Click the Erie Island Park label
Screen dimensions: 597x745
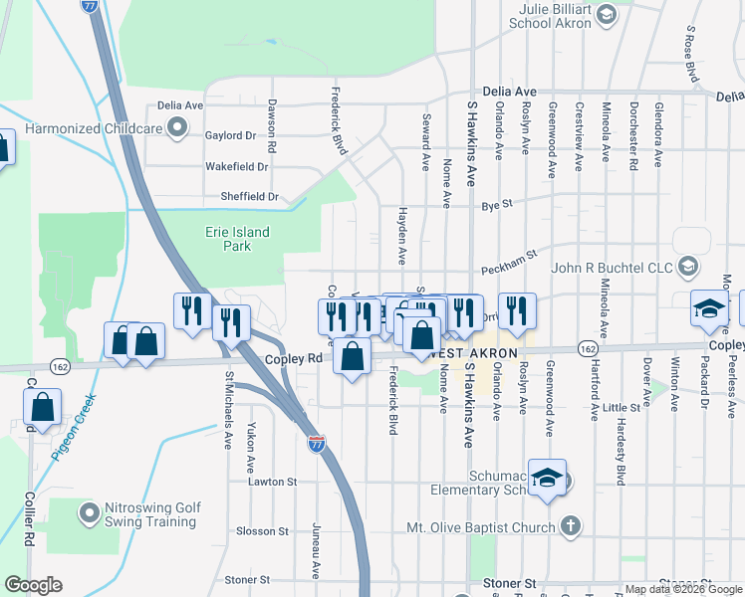pos(231,239)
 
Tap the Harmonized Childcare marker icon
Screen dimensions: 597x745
pos(178,127)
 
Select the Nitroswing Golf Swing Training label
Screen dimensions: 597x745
pos(152,514)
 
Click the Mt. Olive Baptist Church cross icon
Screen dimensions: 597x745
pos(570,526)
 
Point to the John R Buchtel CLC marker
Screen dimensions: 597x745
pos(687,266)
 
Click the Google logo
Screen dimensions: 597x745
pos(33,585)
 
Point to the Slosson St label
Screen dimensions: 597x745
pos(262,531)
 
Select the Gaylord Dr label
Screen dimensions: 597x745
pos(230,135)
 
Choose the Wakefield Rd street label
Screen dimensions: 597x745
pos(238,167)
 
